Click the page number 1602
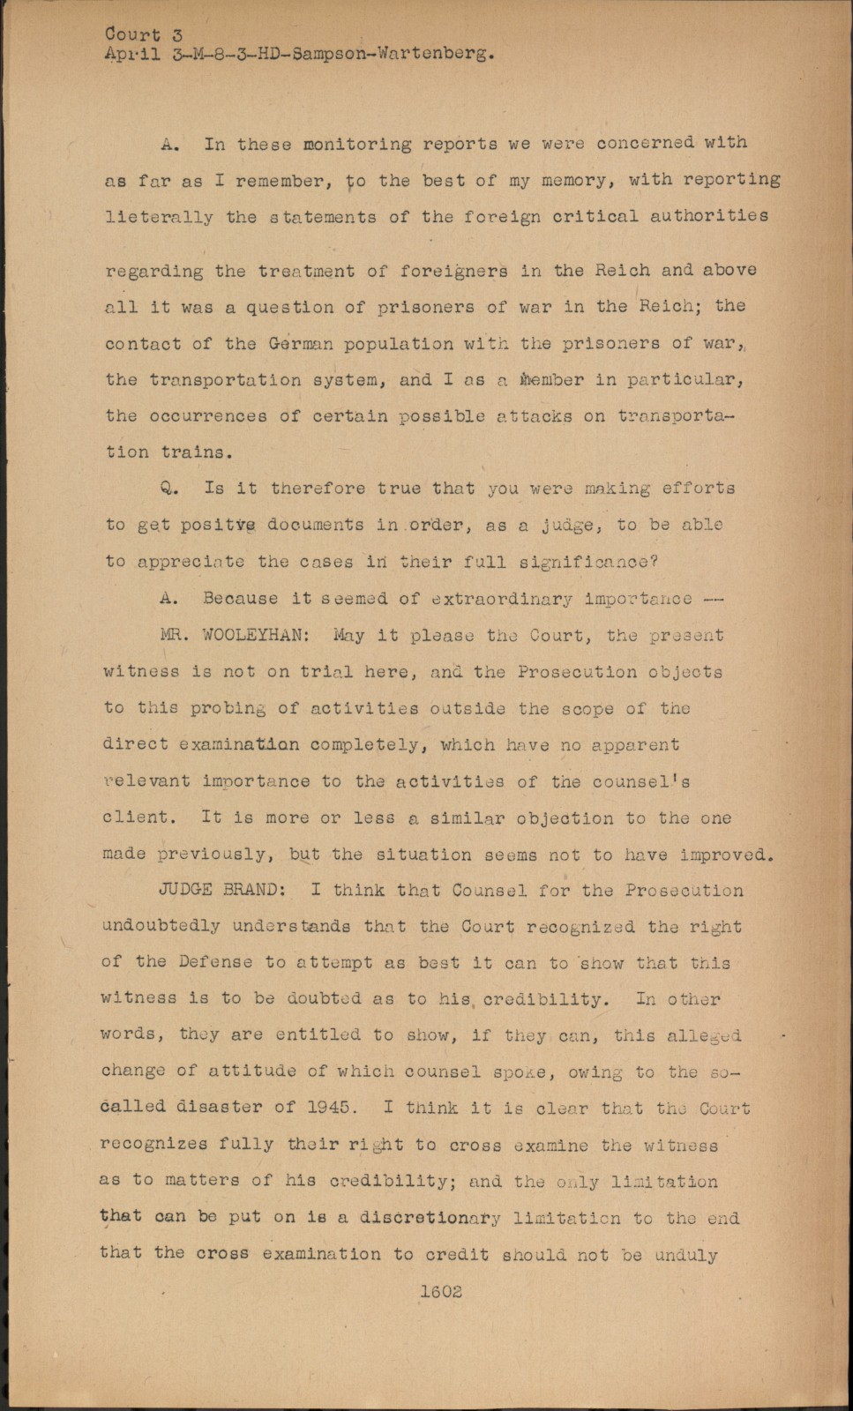[x=440, y=1291]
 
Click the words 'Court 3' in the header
[x=144, y=34]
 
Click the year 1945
[x=330, y=1107]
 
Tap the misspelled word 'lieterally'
[x=159, y=217]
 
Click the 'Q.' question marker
[x=170, y=489]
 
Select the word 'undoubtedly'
[x=161, y=926]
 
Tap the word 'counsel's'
[x=640, y=781]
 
